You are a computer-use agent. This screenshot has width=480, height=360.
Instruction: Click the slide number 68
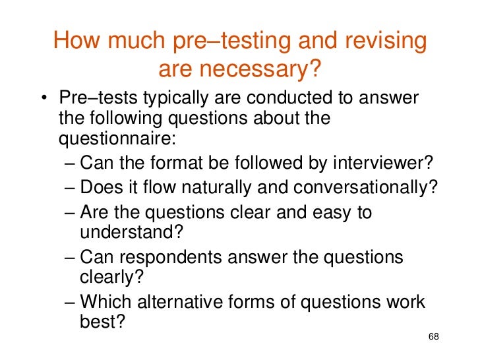433,337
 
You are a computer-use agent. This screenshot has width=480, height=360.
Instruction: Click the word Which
107,303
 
